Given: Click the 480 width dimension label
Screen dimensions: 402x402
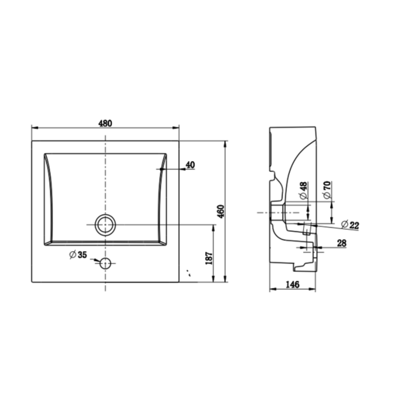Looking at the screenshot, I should [x=105, y=123].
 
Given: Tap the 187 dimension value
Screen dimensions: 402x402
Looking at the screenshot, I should [x=208, y=258].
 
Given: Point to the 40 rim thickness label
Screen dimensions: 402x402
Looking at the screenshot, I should [x=190, y=164].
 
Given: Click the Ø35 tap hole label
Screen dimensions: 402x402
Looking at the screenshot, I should [x=78, y=255].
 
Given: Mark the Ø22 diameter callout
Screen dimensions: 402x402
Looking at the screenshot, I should [x=349, y=225].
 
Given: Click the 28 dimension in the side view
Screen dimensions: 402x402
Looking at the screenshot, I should [x=342, y=243].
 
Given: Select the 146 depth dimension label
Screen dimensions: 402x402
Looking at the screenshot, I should [x=292, y=285].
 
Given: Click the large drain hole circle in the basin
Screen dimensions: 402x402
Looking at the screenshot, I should [x=105, y=224].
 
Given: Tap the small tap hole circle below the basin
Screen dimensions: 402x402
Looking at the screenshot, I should [x=105, y=263].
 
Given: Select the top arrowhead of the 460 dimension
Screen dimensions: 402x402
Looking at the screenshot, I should [x=226, y=144].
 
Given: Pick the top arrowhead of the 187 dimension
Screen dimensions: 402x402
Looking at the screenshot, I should [x=213, y=227].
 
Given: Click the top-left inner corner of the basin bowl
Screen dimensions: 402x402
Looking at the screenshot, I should [x=45, y=154].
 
